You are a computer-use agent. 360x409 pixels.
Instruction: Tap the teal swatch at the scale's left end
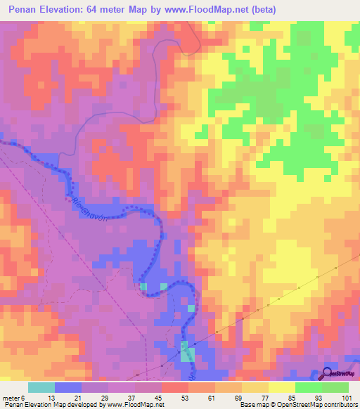pos(41,387)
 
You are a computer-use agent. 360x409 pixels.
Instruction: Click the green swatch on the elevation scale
pos(308,387)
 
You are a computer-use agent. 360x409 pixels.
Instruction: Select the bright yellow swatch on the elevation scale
pos(281,387)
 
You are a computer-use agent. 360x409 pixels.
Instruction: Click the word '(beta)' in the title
pos(259,10)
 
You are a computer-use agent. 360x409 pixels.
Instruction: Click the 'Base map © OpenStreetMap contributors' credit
pos(297,405)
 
